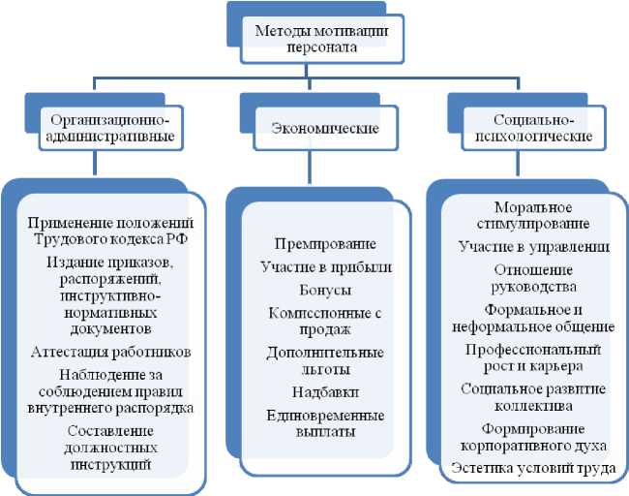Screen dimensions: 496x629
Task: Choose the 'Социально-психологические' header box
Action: click(533, 128)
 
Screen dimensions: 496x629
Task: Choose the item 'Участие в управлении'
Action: click(533, 247)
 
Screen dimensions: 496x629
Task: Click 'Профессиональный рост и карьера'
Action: click(533, 356)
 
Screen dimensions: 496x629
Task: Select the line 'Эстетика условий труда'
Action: click(533, 469)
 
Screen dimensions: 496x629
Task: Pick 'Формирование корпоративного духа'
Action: click(533, 437)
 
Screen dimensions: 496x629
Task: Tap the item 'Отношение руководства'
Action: click(533, 277)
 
